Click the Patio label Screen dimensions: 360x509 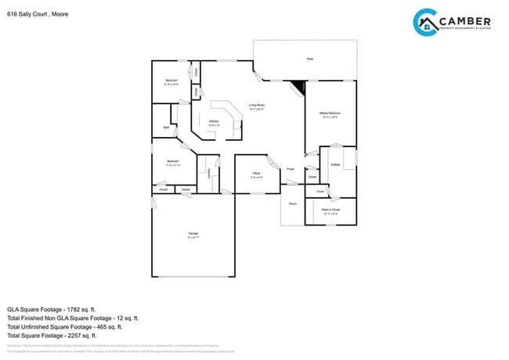[309, 59]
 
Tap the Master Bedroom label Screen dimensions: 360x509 [330, 113]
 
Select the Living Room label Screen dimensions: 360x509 [257, 105]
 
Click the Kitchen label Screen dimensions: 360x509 [213, 121]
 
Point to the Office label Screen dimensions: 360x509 [256, 173]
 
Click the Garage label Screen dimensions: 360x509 [193, 234]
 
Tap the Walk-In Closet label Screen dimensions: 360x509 [330, 210]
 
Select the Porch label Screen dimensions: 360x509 [293, 203]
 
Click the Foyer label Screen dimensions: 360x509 [291, 168]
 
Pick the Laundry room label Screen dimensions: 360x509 [209, 176]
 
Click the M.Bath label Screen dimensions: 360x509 [335, 164]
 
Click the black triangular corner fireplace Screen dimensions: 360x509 [298, 88]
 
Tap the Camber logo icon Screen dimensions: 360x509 [425, 22]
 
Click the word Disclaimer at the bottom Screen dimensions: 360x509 [14, 345]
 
